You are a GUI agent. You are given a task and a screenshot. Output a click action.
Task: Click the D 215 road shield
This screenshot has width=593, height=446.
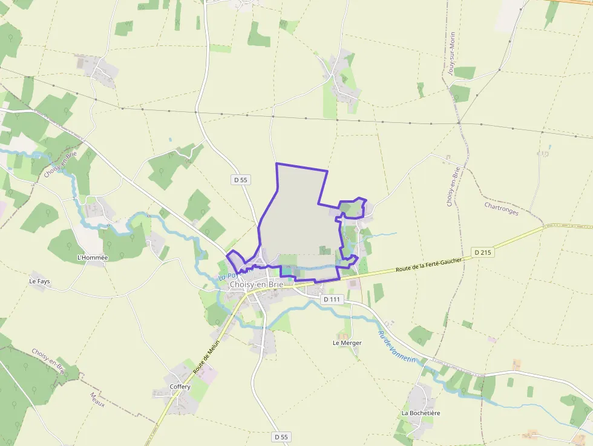[482, 252]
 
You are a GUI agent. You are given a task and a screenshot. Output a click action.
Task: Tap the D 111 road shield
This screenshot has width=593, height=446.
[332, 299]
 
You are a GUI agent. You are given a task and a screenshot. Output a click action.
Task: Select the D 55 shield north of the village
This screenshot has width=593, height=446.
[240, 180]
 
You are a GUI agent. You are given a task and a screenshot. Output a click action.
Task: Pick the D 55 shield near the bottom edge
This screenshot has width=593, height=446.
[281, 436]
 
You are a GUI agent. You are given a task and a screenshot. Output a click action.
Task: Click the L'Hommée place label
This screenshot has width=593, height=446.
[93, 257]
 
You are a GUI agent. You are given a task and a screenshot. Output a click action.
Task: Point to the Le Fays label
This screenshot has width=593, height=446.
[39, 281]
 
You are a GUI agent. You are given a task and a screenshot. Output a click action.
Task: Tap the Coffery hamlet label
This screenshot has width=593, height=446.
[180, 387]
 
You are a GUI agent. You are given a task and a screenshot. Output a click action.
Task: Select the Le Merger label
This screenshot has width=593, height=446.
[347, 343]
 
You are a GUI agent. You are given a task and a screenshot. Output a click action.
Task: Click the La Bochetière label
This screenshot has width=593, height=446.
[421, 413]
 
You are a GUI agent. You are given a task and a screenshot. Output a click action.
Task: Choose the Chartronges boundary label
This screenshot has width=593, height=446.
[501, 209]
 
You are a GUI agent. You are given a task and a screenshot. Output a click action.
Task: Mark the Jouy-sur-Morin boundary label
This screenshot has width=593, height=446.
[451, 54]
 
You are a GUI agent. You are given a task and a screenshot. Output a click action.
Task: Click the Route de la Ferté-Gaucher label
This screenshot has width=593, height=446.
[428, 264]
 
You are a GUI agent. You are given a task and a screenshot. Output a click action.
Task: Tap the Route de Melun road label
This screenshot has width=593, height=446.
[206, 359]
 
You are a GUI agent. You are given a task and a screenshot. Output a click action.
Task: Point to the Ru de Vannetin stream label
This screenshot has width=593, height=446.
[398, 347]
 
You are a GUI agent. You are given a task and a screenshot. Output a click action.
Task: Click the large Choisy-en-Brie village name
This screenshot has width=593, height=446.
[256, 284]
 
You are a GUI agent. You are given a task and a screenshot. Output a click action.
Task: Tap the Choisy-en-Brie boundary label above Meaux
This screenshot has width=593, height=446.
[48, 361]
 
